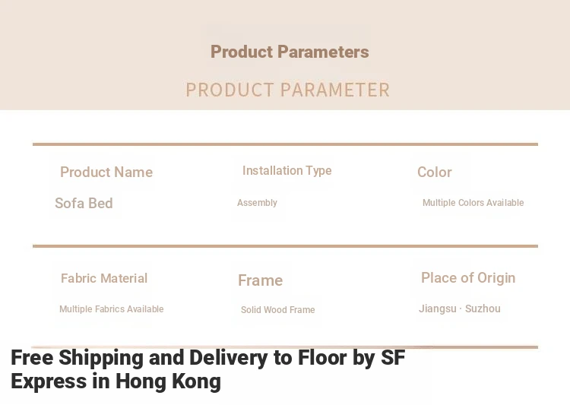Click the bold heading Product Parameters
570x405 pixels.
tap(290, 52)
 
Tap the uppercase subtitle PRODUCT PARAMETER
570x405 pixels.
tap(287, 90)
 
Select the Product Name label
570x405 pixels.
tap(106, 172)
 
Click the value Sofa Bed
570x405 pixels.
tap(84, 203)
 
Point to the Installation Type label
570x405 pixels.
tap(287, 171)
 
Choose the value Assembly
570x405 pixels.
tap(257, 203)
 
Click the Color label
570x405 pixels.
tap(435, 172)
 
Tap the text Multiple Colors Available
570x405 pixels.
tap(473, 202)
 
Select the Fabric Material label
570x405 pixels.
tap(104, 278)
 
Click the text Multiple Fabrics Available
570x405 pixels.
tap(111, 309)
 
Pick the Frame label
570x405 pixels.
tap(260, 280)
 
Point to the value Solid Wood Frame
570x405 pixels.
tap(277, 310)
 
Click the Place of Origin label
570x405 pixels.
tap(468, 278)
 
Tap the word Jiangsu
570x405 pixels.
tap(437, 308)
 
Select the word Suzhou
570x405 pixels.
tap(483, 308)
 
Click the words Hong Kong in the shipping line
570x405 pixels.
tap(168, 381)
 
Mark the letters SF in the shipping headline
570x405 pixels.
tap(393, 357)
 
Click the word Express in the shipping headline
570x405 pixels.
tap(49, 381)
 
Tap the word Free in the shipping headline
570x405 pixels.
tap(32, 357)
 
